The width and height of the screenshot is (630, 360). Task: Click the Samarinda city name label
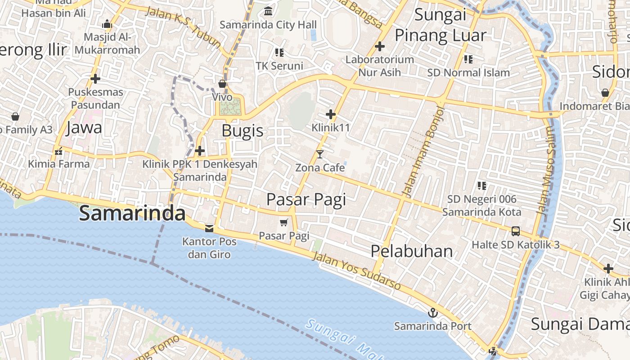pyautogui.click(x=132, y=213)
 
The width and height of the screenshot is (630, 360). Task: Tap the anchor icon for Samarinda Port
pyautogui.click(x=432, y=312)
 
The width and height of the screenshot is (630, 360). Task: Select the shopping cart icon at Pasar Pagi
pyautogui.click(x=283, y=222)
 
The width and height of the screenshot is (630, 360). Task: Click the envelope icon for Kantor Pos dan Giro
pyautogui.click(x=209, y=229)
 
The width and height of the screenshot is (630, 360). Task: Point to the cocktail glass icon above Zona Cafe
pyautogui.click(x=320, y=154)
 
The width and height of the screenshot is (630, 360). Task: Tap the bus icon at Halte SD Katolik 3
pyautogui.click(x=516, y=231)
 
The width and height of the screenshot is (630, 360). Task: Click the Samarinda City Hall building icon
pyautogui.click(x=268, y=11)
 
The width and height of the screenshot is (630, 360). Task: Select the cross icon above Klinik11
pyautogui.click(x=331, y=114)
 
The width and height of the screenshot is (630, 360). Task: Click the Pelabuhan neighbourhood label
pyautogui.click(x=411, y=251)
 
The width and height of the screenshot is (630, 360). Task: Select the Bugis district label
pyautogui.click(x=243, y=131)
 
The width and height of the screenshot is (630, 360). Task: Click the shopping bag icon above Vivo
pyautogui.click(x=222, y=84)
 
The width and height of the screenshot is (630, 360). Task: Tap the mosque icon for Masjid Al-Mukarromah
pyautogui.click(x=107, y=24)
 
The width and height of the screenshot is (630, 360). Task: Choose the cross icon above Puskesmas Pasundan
pyautogui.click(x=95, y=79)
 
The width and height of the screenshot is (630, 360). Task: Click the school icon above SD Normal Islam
pyautogui.click(x=468, y=59)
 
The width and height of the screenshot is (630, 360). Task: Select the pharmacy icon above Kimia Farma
pyautogui.click(x=58, y=151)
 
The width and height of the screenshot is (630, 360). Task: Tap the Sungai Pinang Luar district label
pyautogui.click(x=440, y=25)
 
